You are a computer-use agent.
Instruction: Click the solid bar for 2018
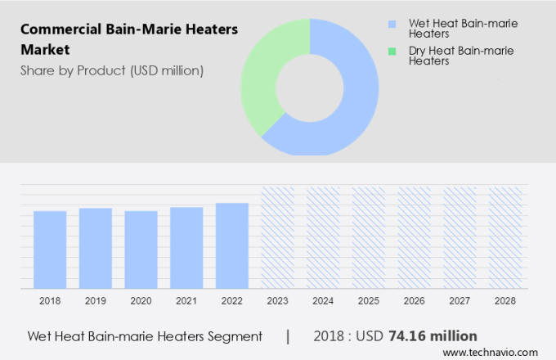[50, 250]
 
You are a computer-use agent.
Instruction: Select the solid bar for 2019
[96, 248]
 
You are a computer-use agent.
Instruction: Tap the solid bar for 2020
[141, 250]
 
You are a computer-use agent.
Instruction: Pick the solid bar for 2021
[186, 247]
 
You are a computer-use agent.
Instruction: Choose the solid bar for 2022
[232, 245]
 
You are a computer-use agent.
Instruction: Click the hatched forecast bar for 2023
[277, 237]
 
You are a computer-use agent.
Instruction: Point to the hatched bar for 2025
[369, 237]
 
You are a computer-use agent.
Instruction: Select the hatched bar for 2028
[504, 237]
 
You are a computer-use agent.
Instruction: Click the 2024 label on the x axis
[323, 301]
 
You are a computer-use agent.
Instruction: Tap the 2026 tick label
[414, 301]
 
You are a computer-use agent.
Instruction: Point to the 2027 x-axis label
[460, 301]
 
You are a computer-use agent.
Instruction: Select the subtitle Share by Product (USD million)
[112, 70]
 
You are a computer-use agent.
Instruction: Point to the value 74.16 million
[433, 336]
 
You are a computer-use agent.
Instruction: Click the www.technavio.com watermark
[495, 352]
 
